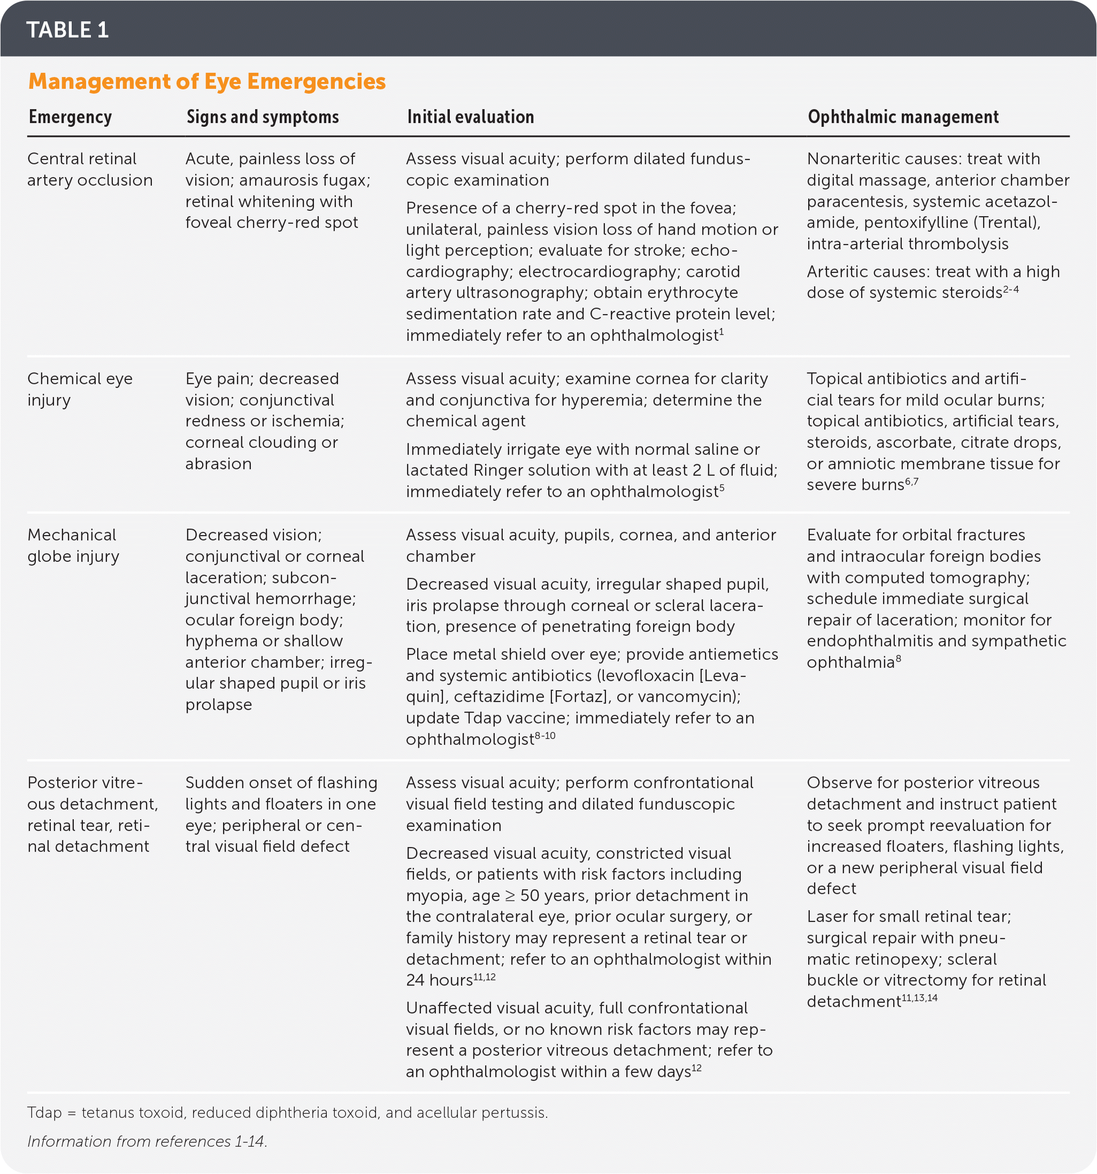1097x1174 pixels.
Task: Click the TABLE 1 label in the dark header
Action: (67, 29)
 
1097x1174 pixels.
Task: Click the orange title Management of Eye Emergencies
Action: (206, 81)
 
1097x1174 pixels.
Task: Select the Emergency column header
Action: (70, 117)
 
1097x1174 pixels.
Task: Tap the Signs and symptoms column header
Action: (262, 117)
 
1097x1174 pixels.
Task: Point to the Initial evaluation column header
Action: (470, 117)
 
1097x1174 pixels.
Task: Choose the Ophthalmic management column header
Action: (903, 117)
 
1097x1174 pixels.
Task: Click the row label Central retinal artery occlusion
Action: (89, 170)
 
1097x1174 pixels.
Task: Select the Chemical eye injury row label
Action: (80, 389)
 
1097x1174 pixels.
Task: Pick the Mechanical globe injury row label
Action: (73, 545)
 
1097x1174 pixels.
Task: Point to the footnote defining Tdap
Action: (288, 1112)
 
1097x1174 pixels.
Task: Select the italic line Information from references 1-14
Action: (147, 1141)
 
